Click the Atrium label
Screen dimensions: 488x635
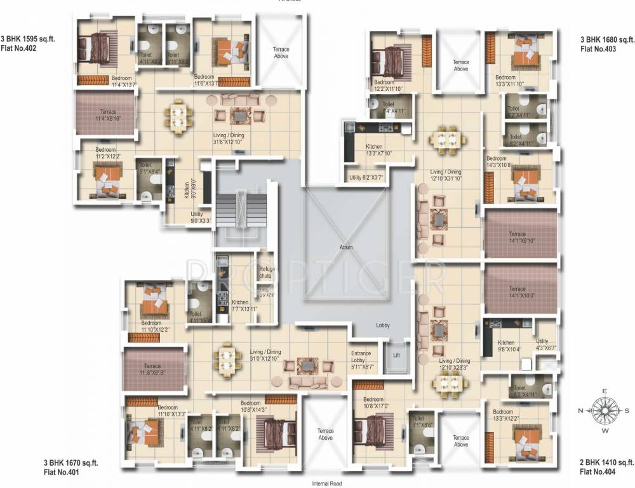[x=345, y=247]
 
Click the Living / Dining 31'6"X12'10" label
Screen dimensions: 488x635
[x=229, y=139]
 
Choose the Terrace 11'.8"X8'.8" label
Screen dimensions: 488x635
[x=152, y=369]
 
